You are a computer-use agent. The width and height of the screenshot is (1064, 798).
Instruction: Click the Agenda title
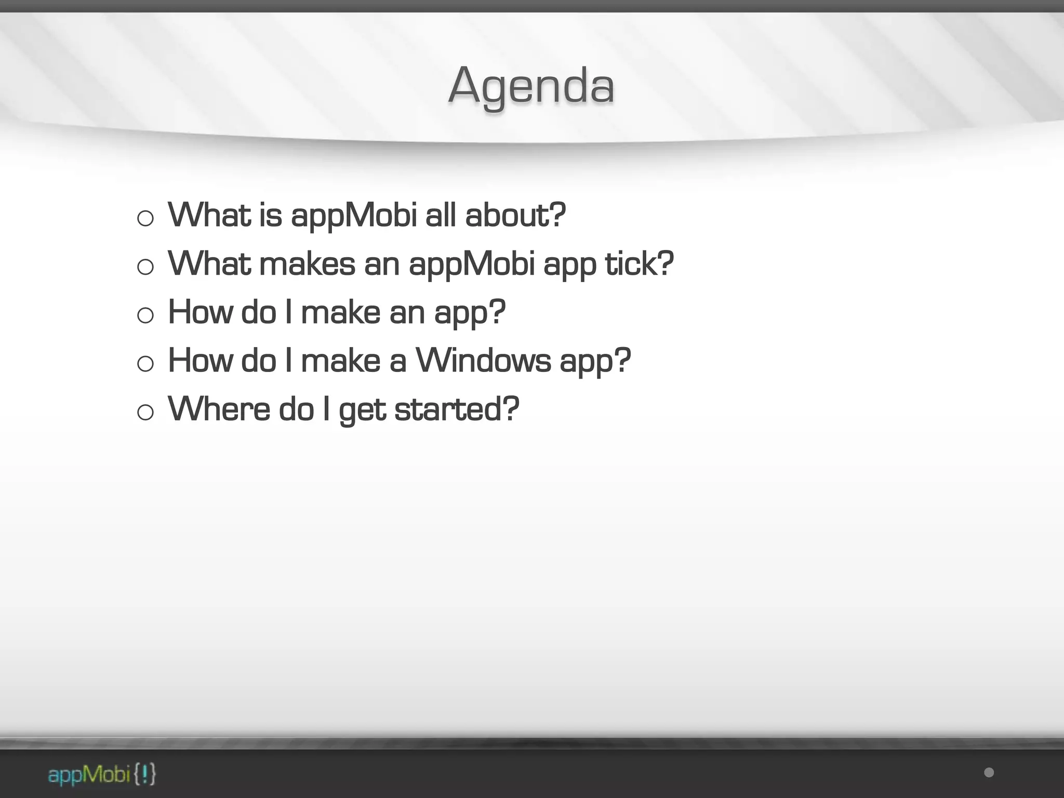531,86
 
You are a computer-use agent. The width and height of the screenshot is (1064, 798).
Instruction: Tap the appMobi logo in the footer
101,775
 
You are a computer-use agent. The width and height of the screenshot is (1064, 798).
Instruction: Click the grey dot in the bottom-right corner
989,773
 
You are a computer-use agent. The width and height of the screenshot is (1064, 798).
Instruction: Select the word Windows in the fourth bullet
483,360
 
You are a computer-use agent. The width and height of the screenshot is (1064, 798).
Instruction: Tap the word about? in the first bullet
515,215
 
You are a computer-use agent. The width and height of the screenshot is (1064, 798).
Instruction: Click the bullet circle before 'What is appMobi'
145,218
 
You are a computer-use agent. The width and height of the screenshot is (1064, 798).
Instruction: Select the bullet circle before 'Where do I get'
145,413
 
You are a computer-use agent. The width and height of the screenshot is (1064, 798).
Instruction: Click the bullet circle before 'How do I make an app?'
145,315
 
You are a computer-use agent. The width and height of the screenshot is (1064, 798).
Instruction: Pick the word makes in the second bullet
307,263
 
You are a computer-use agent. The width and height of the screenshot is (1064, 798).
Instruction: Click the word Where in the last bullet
219,409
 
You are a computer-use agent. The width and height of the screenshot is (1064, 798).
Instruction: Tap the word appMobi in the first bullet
354,215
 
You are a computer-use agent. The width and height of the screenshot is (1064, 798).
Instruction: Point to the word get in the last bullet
362,410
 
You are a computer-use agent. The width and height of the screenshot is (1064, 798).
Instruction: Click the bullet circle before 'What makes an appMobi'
145,267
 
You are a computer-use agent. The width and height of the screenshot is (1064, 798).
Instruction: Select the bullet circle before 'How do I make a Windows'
145,364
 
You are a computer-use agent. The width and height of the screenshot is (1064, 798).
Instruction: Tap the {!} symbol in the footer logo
144,775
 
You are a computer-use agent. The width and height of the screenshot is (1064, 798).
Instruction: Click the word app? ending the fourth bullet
595,361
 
